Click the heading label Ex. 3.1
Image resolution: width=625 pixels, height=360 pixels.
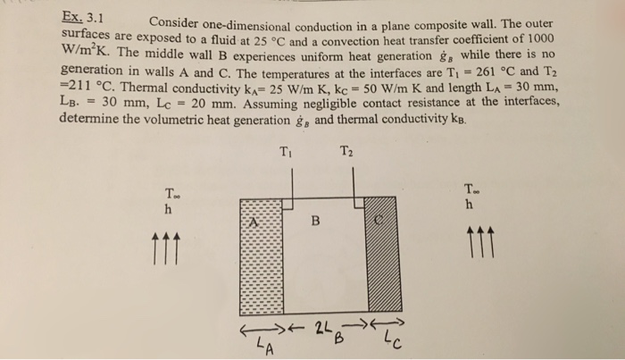click(82, 15)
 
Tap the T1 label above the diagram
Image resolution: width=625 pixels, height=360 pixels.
click(285, 149)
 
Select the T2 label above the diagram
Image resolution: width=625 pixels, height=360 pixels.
click(347, 149)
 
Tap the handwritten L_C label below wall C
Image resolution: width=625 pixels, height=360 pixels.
click(393, 339)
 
